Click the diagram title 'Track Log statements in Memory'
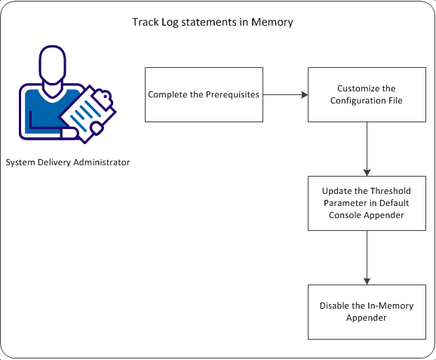(213, 23)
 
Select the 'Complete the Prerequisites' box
(204, 94)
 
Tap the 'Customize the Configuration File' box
(367, 94)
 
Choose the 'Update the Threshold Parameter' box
(367, 202)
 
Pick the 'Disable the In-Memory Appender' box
(367, 311)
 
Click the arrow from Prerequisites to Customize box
(285, 94)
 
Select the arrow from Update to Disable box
(367, 257)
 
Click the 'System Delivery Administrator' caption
(67, 162)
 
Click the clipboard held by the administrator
(84, 112)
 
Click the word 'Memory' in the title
(275, 23)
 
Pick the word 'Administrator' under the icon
(101, 162)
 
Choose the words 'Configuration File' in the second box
(367, 100)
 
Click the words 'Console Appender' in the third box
(367, 214)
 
